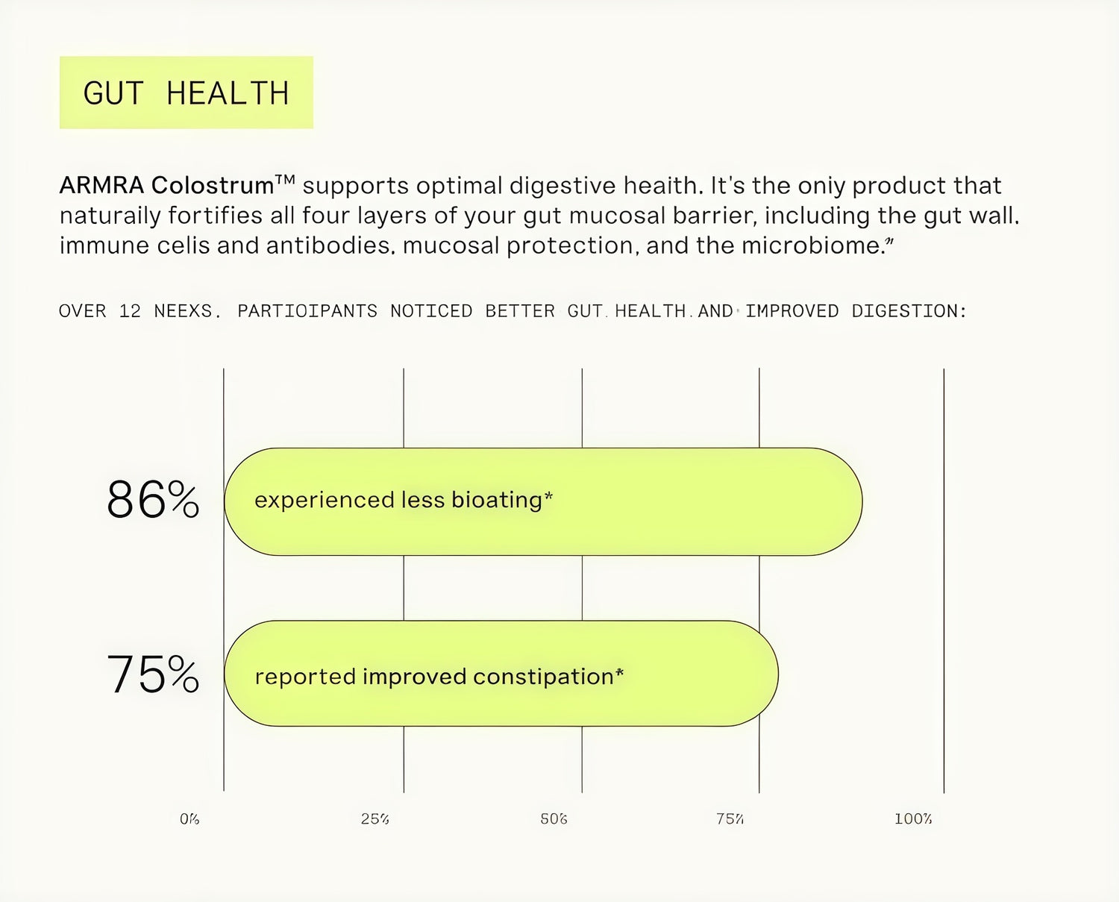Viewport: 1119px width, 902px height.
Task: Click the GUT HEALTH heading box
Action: (x=186, y=93)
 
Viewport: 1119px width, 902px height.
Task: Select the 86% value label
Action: (x=153, y=500)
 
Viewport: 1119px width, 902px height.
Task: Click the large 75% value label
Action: (x=153, y=674)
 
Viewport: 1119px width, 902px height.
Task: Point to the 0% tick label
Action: (x=189, y=819)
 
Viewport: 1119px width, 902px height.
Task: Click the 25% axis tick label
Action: (x=374, y=819)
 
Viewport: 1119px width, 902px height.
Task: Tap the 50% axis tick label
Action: (x=554, y=819)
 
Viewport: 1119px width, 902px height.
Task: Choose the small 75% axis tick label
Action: (x=730, y=819)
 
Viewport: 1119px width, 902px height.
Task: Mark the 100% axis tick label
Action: (x=913, y=819)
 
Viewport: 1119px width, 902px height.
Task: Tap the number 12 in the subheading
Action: (x=130, y=311)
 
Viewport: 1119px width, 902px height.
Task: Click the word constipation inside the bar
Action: (x=543, y=677)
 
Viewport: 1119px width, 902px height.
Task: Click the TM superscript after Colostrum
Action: (x=285, y=180)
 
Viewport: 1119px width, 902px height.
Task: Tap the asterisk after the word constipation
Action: (x=619, y=672)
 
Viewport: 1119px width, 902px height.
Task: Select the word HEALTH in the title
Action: (x=228, y=94)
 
